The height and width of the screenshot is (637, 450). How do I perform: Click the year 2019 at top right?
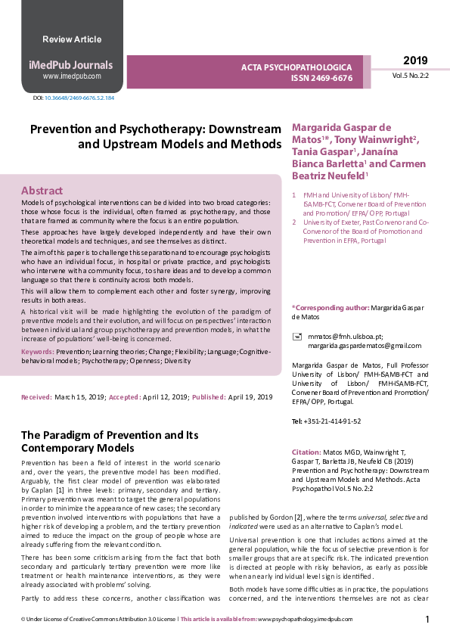point(414,61)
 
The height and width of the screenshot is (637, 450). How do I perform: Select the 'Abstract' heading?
point(42,191)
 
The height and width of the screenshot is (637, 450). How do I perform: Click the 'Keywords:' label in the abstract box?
point(38,352)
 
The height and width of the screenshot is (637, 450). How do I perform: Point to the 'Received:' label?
point(36,397)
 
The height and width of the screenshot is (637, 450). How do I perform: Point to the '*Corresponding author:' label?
point(330,307)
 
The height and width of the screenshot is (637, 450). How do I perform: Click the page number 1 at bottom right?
point(427,620)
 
